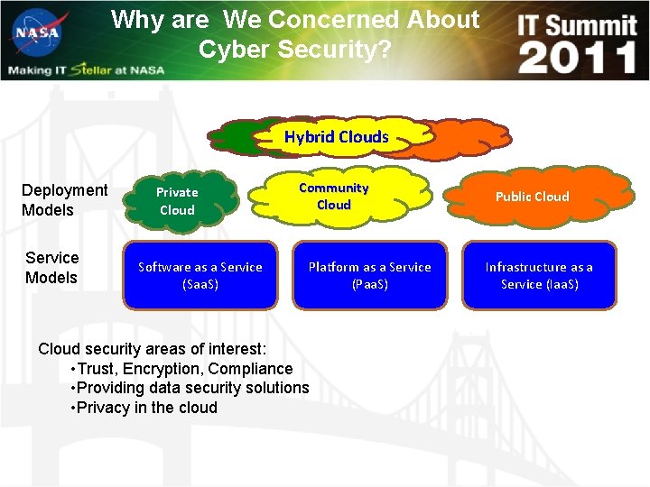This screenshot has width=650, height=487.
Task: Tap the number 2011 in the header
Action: click(x=578, y=58)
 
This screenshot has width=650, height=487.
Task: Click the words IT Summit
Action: click(x=577, y=24)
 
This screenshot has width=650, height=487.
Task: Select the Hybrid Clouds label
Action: click(x=336, y=137)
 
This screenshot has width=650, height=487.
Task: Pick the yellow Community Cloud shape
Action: click(x=334, y=196)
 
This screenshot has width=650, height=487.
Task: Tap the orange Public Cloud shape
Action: click(x=533, y=197)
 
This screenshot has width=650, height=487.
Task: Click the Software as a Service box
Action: click(x=200, y=275)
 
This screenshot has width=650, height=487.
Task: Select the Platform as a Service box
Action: click(x=369, y=275)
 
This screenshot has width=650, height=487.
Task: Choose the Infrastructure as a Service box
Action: click(x=539, y=275)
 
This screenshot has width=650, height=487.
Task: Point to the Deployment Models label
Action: click(x=64, y=199)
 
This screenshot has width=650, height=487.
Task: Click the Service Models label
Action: click(x=51, y=268)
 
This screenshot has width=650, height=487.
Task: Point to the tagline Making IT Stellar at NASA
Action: click(x=86, y=70)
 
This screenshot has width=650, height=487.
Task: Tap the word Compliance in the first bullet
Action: click(x=252, y=368)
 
